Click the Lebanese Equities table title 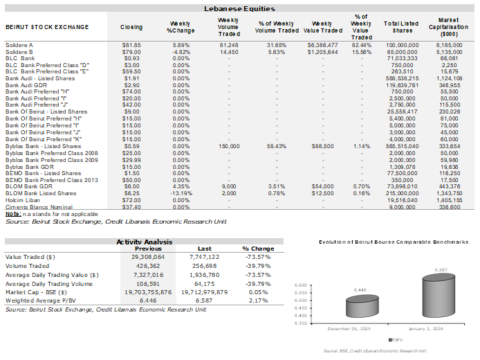pos(239,9)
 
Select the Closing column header pos(131,27)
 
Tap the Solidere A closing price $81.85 pos(131,44)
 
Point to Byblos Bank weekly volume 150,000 pos(228,146)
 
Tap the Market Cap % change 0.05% pos(258,291)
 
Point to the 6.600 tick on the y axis pos(301,285)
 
